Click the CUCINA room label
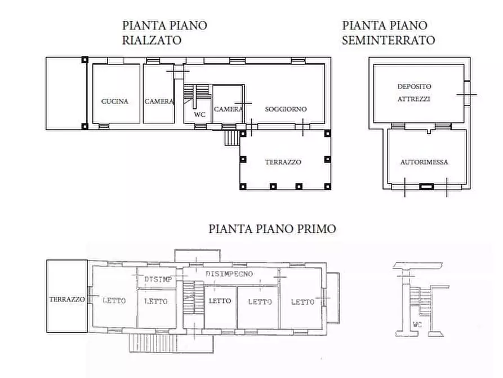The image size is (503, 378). click(x=115, y=102)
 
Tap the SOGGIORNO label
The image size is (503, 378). click(x=286, y=109)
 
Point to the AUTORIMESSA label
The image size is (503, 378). click(x=424, y=162)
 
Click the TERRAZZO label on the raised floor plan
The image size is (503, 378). click(x=283, y=162)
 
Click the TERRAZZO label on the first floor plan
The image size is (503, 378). click(x=66, y=299)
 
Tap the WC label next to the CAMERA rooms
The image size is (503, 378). click(x=199, y=115)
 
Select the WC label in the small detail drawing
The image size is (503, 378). click(x=416, y=324)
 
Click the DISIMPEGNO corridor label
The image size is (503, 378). click(x=229, y=274)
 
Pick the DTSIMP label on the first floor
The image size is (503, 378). click(x=158, y=279)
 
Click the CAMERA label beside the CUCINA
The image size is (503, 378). click(x=159, y=102)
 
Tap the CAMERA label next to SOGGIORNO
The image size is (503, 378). click(x=228, y=109)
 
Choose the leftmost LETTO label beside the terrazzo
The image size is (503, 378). click(x=114, y=301)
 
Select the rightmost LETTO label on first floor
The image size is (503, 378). click(x=303, y=302)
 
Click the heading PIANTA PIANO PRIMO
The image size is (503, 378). click(x=272, y=229)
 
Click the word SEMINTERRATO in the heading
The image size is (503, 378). click(x=388, y=40)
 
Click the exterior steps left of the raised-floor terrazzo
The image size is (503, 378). click(x=231, y=137)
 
